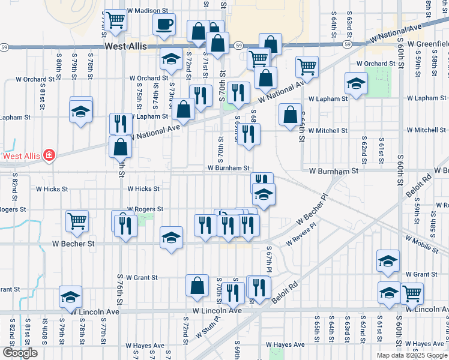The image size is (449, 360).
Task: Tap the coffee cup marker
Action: click(164, 25)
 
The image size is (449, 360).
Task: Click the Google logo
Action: click(20, 353)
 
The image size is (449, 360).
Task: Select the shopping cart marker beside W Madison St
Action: click(115, 20)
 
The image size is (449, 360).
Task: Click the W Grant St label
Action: click(139, 278)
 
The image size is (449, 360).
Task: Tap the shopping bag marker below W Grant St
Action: click(197, 286)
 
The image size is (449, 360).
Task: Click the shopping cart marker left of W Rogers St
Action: click(77, 221)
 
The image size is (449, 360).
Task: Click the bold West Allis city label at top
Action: click(126, 46)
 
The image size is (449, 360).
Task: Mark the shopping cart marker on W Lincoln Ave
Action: click(412, 293)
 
